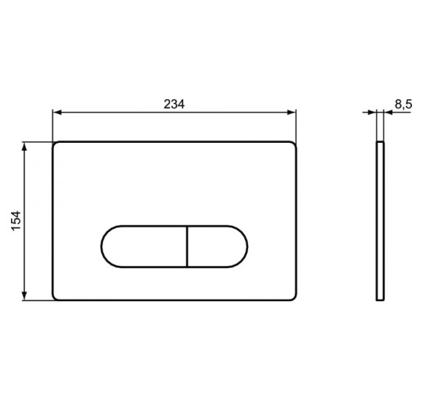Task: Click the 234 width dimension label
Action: click(174, 104)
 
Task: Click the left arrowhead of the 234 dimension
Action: click(56, 112)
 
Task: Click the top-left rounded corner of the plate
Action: click(56, 144)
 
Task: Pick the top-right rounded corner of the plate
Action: click(293, 144)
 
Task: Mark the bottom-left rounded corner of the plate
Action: click(56, 296)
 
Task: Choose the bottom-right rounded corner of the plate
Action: click(293, 296)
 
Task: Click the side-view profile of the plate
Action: click(380, 220)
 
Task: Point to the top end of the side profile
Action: click(380, 142)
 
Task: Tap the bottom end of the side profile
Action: click(380, 298)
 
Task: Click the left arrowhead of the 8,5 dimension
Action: click(373, 112)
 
